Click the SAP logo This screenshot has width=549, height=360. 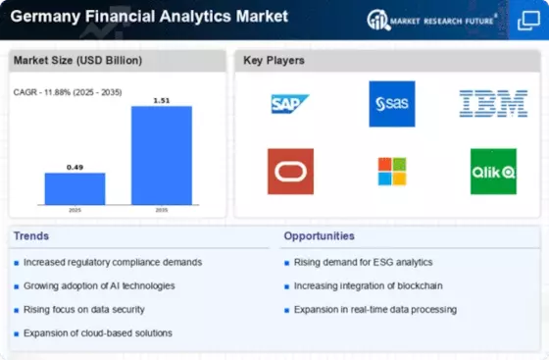290,104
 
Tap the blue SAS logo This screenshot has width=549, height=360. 392,104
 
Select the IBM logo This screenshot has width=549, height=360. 493,104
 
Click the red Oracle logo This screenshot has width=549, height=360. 290,172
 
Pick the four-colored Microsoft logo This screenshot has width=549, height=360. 392,172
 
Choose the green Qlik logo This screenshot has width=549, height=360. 493,172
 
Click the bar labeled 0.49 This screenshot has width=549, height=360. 75,188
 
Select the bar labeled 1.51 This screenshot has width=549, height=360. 162,156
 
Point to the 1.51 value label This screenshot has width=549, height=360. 162,100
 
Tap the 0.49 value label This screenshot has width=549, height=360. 75,168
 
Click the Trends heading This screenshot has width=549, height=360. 31,236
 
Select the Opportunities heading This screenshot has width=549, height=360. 319,236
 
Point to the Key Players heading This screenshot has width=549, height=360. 274,60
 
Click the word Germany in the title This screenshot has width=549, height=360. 45,17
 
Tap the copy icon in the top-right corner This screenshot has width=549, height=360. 528,21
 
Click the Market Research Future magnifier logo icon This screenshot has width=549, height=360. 378,20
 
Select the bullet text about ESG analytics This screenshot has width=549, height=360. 363,262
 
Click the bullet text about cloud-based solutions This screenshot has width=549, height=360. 98,334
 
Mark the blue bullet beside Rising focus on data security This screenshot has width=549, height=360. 16,310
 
